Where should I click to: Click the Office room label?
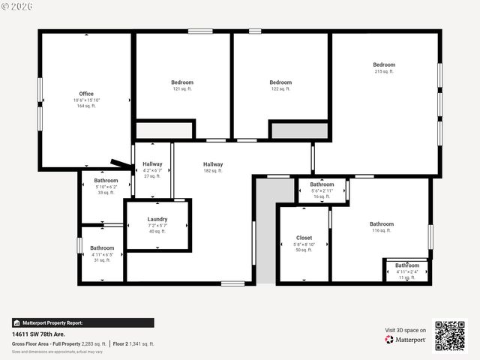pyautogui.click(x=86, y=94)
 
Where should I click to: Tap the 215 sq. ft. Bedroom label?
pyautogui.click(x=384, y=64)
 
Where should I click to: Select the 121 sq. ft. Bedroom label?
pyautogui.click(x=182, y=82)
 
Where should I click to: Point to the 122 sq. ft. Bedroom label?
pyautogui.click(x=280, y=82)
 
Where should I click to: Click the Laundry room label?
pyautogui.click(x=157, y=219)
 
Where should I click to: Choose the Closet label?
pyautogui.click(x=304, y=238)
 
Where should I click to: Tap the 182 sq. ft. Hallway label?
pyautogui.click(x=213, y=164)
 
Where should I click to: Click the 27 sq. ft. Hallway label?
pyautogui.click(x=152, y=164)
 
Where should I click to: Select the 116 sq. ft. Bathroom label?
pyautogui.click(x=381, y=224)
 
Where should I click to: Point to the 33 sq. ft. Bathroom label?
pyautogui.click(x=106, y=181)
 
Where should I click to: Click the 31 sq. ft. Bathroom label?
pyautogui.click(x=102, y=248)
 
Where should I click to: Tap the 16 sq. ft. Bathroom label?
pyautogui.click(x=322, y=184)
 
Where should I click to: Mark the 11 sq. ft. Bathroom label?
pyautogui.click(x=407, y=265)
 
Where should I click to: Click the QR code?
pyautogui.click(x=450, y=336)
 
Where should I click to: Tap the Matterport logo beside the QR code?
pyautogui.click(x=406, y=340)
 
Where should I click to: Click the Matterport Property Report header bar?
pyautogui.click(x=82, y=322)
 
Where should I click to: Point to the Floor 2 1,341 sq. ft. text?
pyautogui.click(x=134, y=343)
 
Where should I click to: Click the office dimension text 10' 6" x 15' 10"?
pyautogui.click(x=86, y=100)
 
